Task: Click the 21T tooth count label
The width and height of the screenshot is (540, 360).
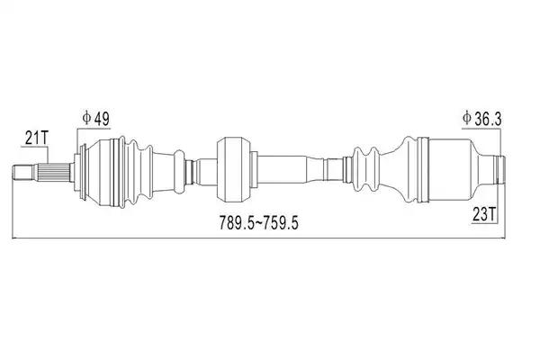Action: click(x=37, y=138)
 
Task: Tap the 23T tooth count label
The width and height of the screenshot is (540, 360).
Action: click(x=484, y=214)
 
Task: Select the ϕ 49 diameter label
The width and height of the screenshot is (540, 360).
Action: click(x=95, y=119)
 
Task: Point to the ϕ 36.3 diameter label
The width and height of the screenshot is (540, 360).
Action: click(x=482, y=119)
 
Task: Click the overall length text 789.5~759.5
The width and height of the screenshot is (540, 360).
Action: click(x=258, y=222)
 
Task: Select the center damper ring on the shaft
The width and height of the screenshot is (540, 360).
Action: click(x=234, y=169)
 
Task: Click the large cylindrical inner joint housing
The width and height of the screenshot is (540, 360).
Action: click(x=449, y=169)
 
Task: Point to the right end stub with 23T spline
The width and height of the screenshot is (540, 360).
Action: click(x=499, y=169)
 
